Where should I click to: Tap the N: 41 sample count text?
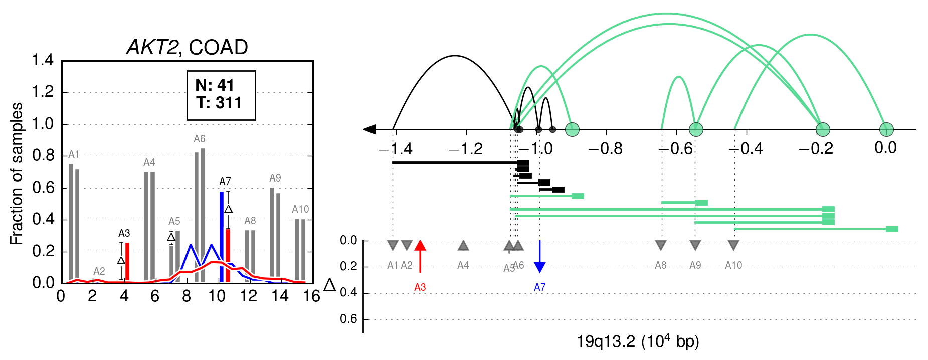(x=215, y=85)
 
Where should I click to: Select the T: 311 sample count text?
(x=219, y=103)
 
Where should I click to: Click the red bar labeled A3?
(x=127, y=262)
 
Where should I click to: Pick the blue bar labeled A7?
(x=222, y=237)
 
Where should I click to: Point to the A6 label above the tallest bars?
(x=200, y=139)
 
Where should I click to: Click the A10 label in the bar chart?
(x=300, y=209)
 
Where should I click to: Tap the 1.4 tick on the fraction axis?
(x=43, y=60)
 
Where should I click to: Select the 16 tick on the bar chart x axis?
(x=312, y=296)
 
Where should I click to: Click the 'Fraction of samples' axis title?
(x=17, y=174)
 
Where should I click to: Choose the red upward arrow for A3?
(x=420, y=256)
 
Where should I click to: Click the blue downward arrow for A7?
(x=539, y=256)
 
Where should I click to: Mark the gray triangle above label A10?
(x=733, y=245)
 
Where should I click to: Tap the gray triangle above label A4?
(x=463, y=245)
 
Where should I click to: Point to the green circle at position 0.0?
(x=886, y=129)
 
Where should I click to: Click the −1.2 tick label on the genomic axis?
(x=466, y=149)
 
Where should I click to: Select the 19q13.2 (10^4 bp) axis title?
(x=638, y=341)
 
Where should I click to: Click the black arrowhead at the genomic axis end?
(x=369, y=129)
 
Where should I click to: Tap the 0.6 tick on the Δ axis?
(x=348, y=319)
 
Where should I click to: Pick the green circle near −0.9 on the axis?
(x=572, y=129)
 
